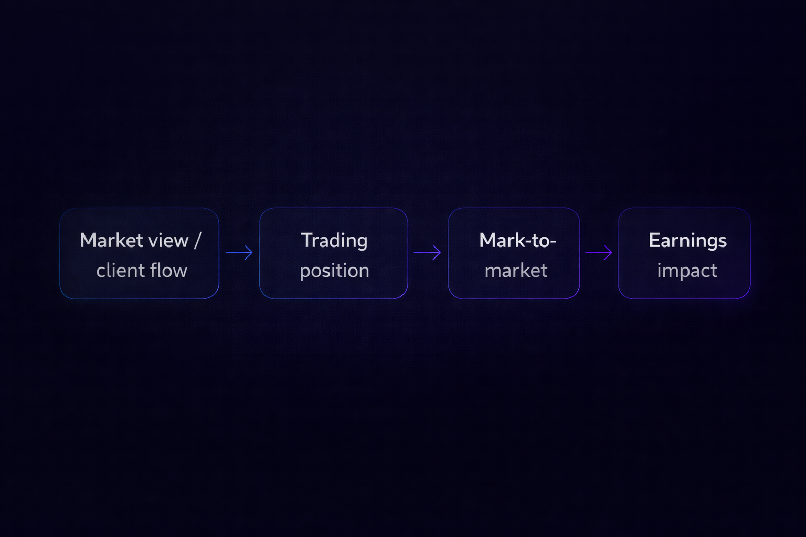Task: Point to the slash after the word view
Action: [197, 240]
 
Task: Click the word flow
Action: [168, 271]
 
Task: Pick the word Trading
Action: [334, 240]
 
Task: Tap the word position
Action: [334, 271]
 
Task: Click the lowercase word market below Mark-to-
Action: [516, 271]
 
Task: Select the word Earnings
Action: [687, 240]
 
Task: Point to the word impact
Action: [687, 271]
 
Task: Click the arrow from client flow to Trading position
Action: [239, 253]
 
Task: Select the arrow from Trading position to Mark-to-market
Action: [427, 253]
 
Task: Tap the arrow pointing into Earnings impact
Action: [599, 253]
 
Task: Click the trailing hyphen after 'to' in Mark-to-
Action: [553, 242]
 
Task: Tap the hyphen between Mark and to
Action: [527, 242]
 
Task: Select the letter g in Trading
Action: [362, 242]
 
